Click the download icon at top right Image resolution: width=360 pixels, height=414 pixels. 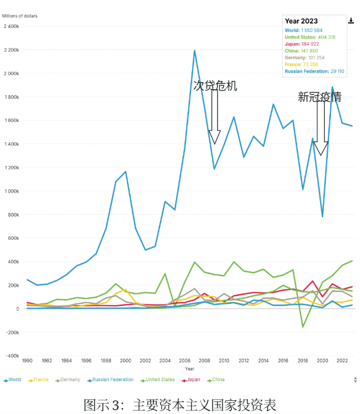click(351, 20)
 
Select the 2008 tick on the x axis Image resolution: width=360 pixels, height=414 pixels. click(205, 361)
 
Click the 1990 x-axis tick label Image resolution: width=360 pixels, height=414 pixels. click(27, 361)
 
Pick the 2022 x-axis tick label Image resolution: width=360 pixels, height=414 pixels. click(342, 361)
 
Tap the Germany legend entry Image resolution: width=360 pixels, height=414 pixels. click(69, 379)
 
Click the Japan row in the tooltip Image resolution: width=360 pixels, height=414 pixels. click(302, 43)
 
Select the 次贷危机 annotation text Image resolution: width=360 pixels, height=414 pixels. click(215, 86)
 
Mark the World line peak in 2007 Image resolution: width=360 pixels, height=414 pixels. click(195, 51)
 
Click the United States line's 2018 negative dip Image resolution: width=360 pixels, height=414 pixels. click(303, 327)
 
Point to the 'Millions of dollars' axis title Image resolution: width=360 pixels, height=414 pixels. click(20, 15)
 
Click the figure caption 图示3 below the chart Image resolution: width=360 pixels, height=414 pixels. click(180, 405)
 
